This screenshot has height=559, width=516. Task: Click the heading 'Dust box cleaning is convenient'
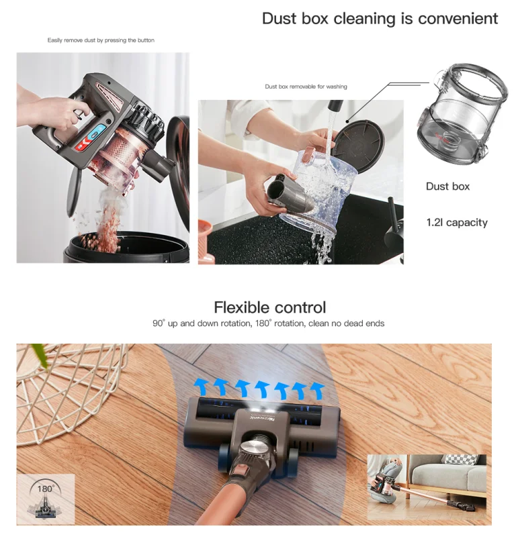click(x=380, y=19)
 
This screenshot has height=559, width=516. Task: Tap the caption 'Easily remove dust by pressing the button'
click(x=101, y=40)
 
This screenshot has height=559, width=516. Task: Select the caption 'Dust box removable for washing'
click(x=306, y=87)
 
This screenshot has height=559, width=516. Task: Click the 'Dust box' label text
click(x=448, y=186)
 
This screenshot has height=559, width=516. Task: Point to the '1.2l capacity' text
click(x=457, y=223)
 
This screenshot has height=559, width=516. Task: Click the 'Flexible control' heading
click(x=270, y=307)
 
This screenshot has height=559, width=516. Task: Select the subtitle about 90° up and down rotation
click(x=268, y=323)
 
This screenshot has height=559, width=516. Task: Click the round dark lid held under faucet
click(x=359, y=145)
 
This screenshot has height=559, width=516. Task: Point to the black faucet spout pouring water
click(x=335, y=106)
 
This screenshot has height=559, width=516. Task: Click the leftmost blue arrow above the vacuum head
click(x=202, y=387)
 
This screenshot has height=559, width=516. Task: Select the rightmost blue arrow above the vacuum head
click(x=317, y=391)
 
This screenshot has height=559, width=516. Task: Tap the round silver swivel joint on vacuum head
click(x=253, y=448)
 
